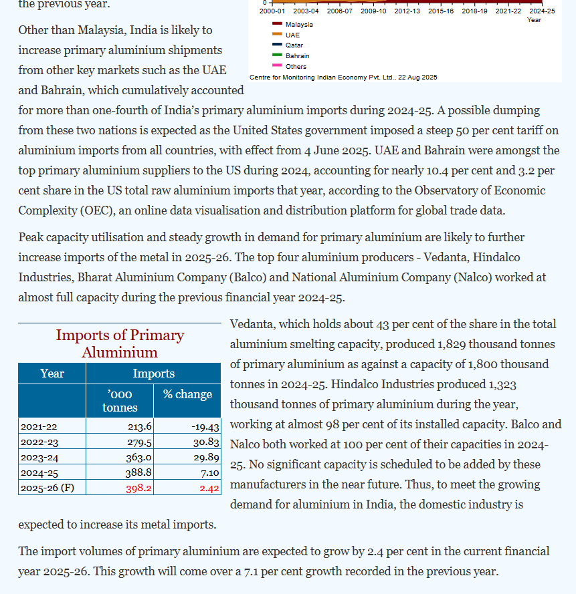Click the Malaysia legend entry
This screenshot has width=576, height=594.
(298, 24)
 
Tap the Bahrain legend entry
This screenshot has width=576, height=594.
(297, 56)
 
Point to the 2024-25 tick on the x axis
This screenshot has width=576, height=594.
(542, 11)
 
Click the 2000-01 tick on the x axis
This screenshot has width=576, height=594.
(272, 11)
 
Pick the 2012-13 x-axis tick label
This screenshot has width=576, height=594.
(407, 11)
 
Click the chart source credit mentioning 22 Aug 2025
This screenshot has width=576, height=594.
(343, 78)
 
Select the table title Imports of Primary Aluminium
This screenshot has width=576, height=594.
(120, 343)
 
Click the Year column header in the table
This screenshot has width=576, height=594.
(52, 374)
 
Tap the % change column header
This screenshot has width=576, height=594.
(187, 394)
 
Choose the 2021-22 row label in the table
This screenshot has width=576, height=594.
(39, 427)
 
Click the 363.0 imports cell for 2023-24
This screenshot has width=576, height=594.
(138, 458)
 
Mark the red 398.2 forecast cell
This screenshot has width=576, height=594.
(138, 488)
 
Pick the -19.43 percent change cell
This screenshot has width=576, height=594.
(205, 427)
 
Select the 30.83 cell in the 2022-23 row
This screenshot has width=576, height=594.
(206, 442)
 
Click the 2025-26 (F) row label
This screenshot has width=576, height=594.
(47, 488)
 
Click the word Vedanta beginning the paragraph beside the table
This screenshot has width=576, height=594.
(252, 324)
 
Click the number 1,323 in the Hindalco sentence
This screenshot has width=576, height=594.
(500, 384)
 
